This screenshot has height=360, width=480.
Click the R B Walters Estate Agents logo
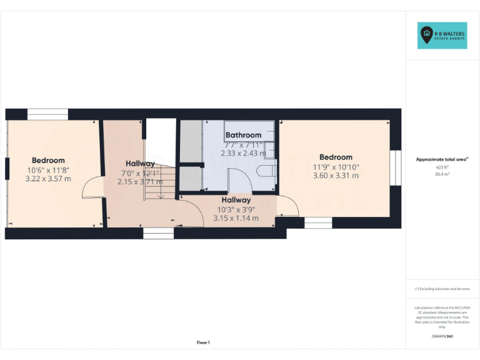pos(442,36)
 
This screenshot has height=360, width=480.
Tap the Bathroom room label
pos(243,135)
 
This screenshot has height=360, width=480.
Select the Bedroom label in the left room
pos(48,161)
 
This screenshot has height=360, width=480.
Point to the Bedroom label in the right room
pos(336,157)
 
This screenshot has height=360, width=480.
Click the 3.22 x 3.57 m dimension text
pos(48,179)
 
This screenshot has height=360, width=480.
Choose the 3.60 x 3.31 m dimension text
pos(336,176)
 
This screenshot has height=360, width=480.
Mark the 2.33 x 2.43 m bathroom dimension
pos(243,153)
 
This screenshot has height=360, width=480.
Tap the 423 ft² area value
pos(442,167)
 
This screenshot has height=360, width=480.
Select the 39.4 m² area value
pos(442,174)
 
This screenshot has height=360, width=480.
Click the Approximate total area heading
pos(441,160)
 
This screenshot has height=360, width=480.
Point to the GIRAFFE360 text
pos(442,336)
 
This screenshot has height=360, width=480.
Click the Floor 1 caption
pos(203,342)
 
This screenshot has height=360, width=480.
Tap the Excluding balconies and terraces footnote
pos(442,289)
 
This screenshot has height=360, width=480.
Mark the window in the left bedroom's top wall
pos(47,114)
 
